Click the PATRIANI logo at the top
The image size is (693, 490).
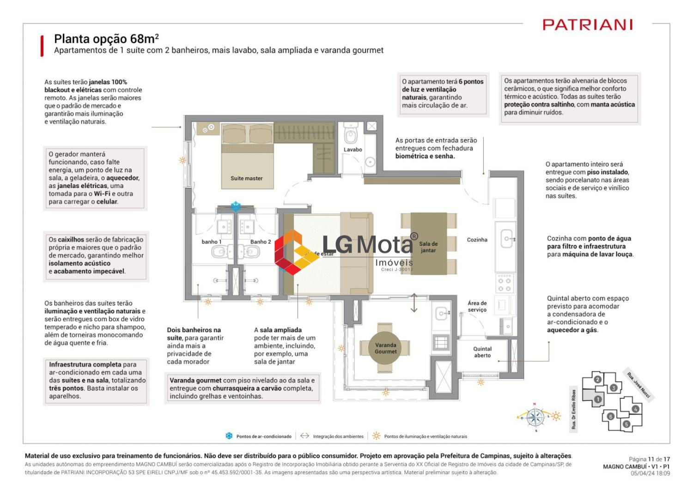[x=587, y=24]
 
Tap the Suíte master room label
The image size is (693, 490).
[x=247, y=178]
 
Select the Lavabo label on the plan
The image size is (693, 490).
[x=353, y=150]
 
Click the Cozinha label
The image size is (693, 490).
[x=477, y=240]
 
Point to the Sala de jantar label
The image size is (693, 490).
[x=428, y=247]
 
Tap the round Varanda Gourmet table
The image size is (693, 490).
[x=385, y=348]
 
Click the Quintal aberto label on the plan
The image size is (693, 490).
[x=482, y=352]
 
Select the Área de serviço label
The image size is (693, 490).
[x=477, y=306]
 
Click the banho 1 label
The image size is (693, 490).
[x=212, y=242]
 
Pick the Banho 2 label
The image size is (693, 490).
[x=261, y=242]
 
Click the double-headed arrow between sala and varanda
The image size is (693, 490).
[x=414, y=303]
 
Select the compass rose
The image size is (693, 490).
[x=535, y=417]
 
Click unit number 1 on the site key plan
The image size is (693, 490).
[x=597, y=399]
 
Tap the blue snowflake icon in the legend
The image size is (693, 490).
[x=229, y=436]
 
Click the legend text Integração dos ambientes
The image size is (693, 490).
[x=338, y=436]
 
